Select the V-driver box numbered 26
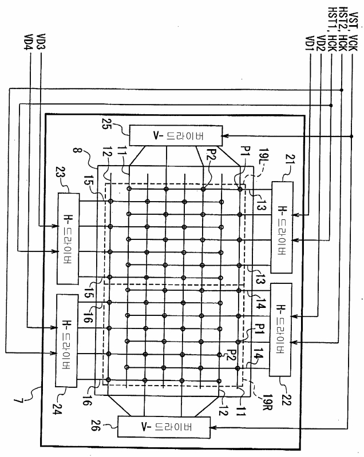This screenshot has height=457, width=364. pos(162,426)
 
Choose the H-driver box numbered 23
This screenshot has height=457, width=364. pos(69,238)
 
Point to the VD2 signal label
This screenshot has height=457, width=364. pos(320,43)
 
